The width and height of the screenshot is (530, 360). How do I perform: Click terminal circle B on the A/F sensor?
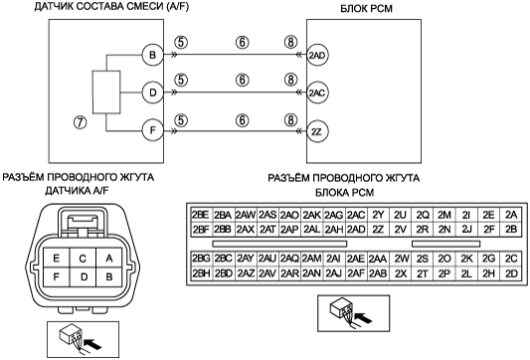(152, 55)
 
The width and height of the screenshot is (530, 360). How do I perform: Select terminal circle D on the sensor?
(152, 92)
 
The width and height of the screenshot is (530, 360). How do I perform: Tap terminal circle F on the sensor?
(152, 130)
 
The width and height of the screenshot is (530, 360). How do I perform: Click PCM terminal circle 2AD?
(317, 55)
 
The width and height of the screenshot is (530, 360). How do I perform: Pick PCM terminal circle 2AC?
(317, 92)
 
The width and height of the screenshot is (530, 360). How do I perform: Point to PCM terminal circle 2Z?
(317, 131)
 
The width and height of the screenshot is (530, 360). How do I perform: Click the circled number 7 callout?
(81, 122)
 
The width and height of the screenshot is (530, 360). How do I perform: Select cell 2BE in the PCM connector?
(201, 215)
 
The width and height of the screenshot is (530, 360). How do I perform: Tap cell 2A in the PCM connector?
(511, 215)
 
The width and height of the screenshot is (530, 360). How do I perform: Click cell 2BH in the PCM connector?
(201, 273)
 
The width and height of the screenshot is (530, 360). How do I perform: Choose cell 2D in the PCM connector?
(511, 273)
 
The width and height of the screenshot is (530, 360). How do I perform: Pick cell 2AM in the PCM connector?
(311, 259)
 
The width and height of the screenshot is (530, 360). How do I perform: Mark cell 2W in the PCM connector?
(401, 259)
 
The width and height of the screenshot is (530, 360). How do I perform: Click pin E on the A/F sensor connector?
(57, 259)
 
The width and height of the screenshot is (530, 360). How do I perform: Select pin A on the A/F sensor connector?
(108, 259)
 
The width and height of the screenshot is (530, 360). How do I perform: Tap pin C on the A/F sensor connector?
(83, 259)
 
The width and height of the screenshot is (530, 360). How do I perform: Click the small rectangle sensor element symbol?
(106, 91)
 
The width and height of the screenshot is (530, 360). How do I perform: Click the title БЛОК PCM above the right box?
(366, 8)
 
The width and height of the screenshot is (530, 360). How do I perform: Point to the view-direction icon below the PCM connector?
(354, 313)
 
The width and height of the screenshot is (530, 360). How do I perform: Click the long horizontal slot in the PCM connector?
(279, 244)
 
